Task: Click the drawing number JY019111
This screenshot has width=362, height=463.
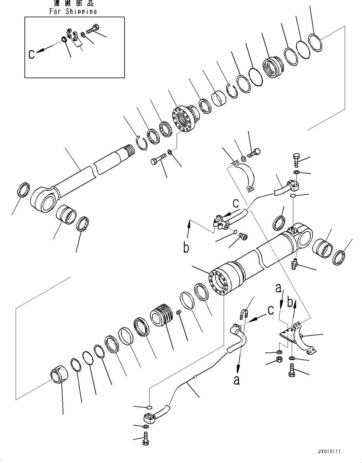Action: pos(328,451)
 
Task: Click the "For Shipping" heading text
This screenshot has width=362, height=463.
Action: pos(73,12)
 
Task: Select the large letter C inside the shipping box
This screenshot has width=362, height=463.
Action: pos(32,54)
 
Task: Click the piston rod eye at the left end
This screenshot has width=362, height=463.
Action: pos(44,199)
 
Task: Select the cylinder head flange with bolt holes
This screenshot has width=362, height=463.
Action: pos(183,119)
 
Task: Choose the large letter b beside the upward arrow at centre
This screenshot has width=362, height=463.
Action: pos(186,248)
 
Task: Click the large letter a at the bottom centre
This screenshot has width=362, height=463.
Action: pos(237,380)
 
